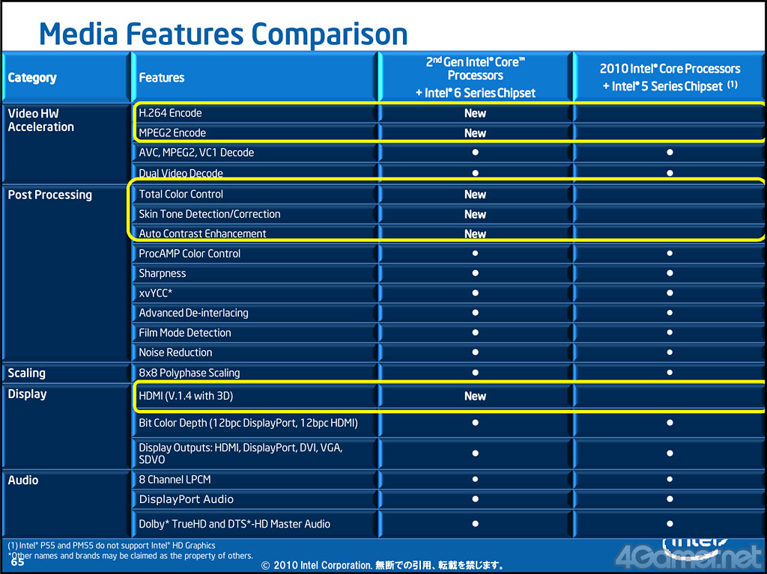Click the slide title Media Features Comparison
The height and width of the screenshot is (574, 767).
223,34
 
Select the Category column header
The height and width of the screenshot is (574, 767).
32,78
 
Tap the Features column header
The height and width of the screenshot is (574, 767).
162,78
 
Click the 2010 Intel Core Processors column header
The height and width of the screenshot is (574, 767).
670,77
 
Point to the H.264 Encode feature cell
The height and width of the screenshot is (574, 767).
170,113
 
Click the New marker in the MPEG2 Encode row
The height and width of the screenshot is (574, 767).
475,133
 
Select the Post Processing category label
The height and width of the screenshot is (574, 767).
50,195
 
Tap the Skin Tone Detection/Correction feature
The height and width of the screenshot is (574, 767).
210,214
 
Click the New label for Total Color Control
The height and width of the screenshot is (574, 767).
475,195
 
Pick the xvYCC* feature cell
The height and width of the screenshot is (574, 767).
156,293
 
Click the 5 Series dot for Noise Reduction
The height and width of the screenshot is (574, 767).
670,352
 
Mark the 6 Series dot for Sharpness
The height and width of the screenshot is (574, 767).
475,273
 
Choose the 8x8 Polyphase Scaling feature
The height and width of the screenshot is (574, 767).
190,373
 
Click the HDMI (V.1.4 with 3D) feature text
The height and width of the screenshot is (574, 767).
186,396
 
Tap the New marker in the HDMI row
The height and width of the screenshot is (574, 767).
475,397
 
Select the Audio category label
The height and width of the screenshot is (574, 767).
23,480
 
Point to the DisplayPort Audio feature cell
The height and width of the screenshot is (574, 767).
186,499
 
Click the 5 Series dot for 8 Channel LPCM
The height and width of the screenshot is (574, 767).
670,480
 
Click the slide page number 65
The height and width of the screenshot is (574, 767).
17,562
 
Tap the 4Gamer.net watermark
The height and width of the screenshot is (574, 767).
689,556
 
